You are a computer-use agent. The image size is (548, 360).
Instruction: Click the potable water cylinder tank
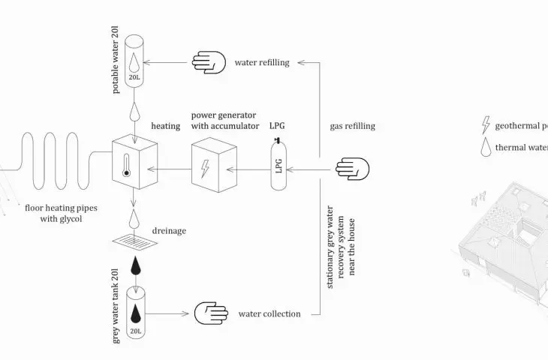point(134,61)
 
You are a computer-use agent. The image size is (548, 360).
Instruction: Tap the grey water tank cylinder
point(136,313)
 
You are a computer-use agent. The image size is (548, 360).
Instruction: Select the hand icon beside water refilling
point(209,62)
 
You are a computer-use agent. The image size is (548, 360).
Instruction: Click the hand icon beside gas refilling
point(352,169)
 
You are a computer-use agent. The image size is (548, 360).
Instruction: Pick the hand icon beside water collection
point(211,313)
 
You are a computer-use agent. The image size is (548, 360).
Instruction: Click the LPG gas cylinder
point(279,164)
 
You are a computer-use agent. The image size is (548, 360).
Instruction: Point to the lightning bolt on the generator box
point(205,169)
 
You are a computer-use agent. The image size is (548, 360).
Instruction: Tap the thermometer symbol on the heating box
point(126,166)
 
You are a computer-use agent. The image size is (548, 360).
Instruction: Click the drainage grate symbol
point(135,241)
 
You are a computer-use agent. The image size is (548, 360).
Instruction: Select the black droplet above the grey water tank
point(136,265)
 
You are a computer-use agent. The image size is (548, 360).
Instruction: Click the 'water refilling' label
point(262,62)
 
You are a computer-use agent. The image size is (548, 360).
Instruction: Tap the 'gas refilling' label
point(352,126)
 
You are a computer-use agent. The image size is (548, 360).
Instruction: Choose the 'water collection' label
point(269,313)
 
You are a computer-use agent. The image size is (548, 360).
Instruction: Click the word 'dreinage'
point(169,231)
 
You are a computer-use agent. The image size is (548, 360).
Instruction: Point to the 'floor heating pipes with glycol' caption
point(61,213)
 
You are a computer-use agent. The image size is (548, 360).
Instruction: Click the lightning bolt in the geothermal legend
point(486,125)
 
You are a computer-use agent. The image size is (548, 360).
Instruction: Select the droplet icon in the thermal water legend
point(486,147)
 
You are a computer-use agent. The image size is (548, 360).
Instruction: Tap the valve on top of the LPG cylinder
point(278,140)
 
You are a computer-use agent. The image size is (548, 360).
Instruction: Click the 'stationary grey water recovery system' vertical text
point(341,247)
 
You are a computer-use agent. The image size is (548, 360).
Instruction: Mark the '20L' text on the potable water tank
point(134,77)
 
